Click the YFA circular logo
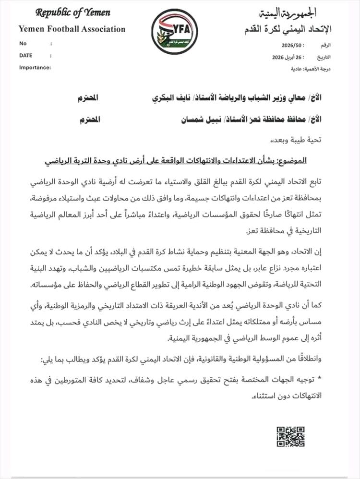click(x=174, y=31)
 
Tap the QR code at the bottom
click(x=290, y=436)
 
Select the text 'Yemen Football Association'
click(x=72, y=29)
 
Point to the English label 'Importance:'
click(x=35, y=67)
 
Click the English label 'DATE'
click(x=26, y=55)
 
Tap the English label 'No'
click(x=23, y=43)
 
